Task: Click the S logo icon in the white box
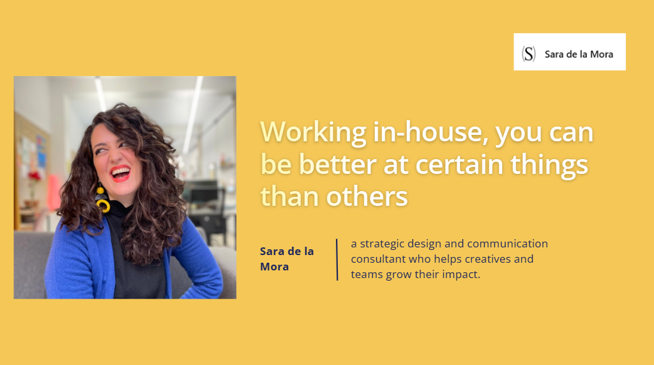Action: coord(528,54)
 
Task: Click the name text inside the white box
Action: coord(579,54)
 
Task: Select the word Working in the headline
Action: coord(313,133)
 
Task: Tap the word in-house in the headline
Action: coord(430,132)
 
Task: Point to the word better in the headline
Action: coord(337,164)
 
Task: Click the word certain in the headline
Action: coord(459,164)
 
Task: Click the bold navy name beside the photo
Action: coord(287,259)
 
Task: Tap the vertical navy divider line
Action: coord(337,260)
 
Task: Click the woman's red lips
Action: coord(121,174)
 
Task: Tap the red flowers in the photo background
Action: coord(34,176)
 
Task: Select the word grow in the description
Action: coord(400,276)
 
